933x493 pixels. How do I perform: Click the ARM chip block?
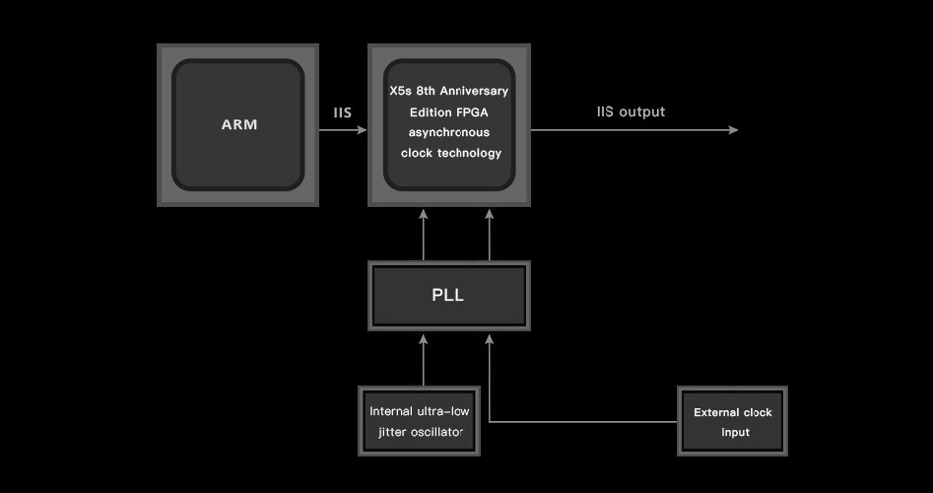coord(237,125)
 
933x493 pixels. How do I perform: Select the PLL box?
coord(448,296)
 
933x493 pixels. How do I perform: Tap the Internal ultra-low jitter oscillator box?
coord(419,421)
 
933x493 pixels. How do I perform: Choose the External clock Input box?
coord(733,421)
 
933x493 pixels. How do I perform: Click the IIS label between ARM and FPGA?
coord(342,112)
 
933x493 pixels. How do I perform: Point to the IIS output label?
coord(631,112)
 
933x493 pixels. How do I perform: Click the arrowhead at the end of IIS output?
coord(732,130)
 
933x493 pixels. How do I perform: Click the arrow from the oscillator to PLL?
coord(424,360)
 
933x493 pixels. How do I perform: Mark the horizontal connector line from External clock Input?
coord(581,422)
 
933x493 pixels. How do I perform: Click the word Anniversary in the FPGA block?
coord(476,91)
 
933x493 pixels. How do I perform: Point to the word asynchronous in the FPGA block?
coord(448,132)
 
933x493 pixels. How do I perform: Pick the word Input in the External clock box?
coord(734,432)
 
